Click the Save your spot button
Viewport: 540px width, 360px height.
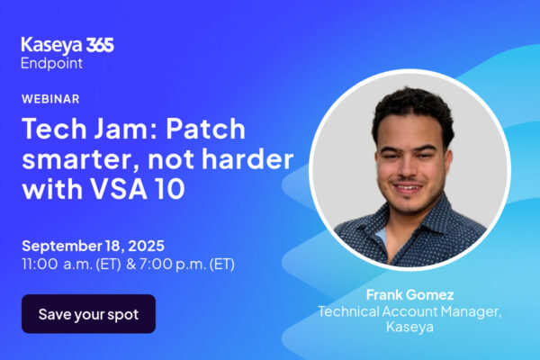click(x=88, y=314)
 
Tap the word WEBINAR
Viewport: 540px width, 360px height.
click(x=50, y=99)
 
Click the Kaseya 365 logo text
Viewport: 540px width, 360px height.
click(x=67, y=46)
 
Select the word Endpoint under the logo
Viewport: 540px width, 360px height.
click(x=51, y=63)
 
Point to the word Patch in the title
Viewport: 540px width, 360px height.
click(x=205, y=129)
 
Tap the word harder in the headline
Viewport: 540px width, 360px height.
click(x=247, y=158)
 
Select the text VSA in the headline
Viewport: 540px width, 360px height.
click(x=119, y=189)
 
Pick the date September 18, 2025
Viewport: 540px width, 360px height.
click(x=93, y=246)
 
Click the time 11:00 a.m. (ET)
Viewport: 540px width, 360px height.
click(x=72, y=265)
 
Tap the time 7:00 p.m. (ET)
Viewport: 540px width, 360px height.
click(x=187, y=265)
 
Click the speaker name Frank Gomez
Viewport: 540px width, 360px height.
click(x=409, y=295)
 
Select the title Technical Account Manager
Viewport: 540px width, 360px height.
click(x=409, y=311)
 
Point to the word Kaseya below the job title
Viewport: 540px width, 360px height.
click(x=409, y=327)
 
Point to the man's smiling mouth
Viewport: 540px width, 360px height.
click(x=409, y=188)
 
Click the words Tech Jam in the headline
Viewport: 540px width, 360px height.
click(x=90, y=129)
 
